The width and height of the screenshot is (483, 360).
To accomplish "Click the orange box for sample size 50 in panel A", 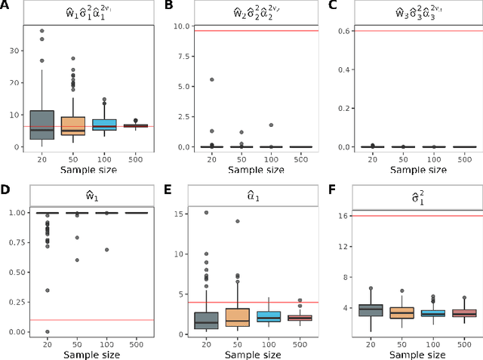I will (72, 125).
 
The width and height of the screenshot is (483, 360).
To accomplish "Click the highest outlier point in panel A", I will (42, 32).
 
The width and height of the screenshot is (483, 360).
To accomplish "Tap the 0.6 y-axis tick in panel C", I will (338, 31).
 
